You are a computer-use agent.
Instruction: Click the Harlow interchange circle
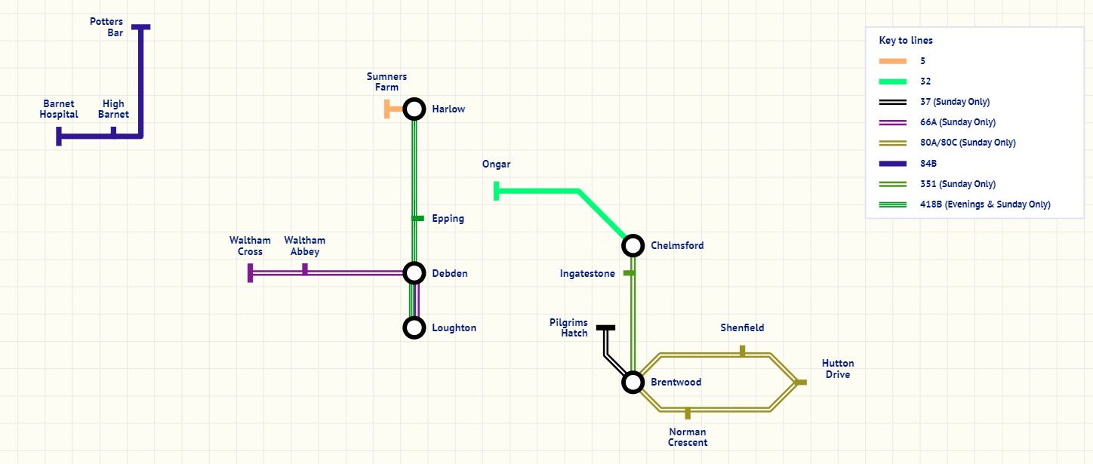(414, 109)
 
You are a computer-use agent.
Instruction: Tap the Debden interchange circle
(414, 273)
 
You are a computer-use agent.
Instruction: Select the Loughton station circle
(414, 327)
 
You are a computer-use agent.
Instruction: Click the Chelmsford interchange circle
(633, 245)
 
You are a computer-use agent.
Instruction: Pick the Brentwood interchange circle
(633, 382)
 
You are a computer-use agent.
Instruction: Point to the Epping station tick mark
(417, 219)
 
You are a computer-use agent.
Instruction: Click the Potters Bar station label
(106, 27)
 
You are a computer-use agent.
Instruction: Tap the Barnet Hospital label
(59, 109)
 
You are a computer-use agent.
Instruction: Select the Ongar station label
(497, 164)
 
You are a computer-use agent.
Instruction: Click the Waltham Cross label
(250, 246)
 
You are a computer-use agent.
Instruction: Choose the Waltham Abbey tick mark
(305, 269)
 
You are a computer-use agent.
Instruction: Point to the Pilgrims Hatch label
(568, 327)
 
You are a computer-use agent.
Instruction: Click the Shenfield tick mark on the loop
(742, 351)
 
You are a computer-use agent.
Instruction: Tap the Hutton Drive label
(838, 369)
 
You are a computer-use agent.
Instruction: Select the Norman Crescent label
(688, 438)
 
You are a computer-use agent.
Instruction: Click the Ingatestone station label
(587, 273)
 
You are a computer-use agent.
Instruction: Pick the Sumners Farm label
(386, 81)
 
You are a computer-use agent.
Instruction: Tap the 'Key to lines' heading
(906, 41)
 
